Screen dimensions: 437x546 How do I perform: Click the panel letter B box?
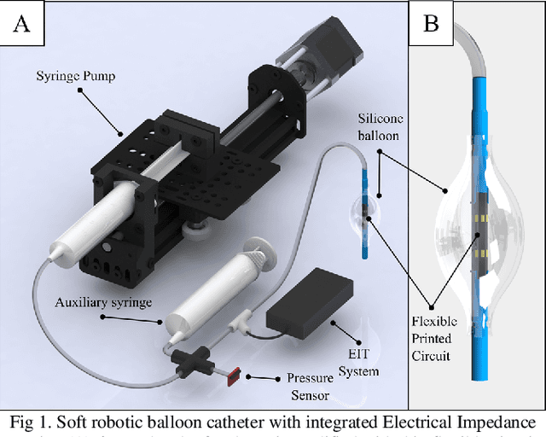[x=432, y=23]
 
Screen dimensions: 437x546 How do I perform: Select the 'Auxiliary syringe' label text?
[x=104, y=302]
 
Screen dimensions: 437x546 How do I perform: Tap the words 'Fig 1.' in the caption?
[x=29, y=421]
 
